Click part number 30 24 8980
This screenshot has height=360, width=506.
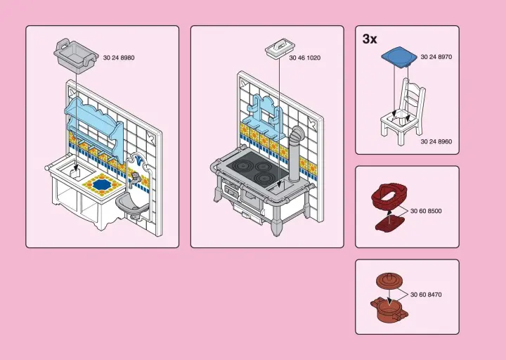coord(119,57)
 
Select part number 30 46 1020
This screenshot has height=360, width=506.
coord(304,58)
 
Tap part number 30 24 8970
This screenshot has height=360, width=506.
coord(436,57)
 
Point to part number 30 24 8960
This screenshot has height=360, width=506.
coord(436,141)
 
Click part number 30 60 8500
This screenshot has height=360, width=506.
coord(426,211)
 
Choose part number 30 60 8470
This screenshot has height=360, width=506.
coord(426,294)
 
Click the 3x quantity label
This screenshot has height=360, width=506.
coord(370,39)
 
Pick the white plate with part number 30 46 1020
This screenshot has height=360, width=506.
coord(278,50)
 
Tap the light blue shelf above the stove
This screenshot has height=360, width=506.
coord(265,112)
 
